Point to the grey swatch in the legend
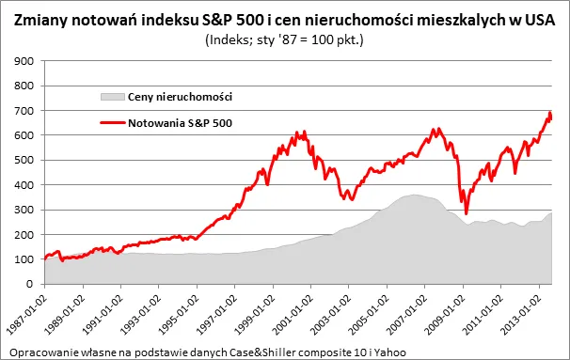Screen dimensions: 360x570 tap(110, 97)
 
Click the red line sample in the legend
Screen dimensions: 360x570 tap(110, 121)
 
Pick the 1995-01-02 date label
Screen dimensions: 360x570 tap(175, 314)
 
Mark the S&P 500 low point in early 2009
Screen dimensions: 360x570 tap(466, 212)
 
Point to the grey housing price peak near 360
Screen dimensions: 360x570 tap(413, 195)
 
